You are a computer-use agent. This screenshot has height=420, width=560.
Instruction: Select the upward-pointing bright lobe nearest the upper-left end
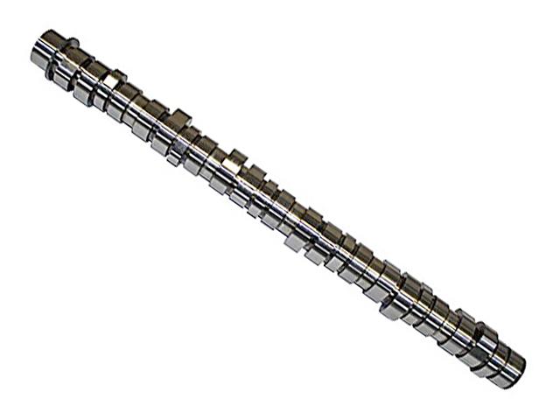113,79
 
